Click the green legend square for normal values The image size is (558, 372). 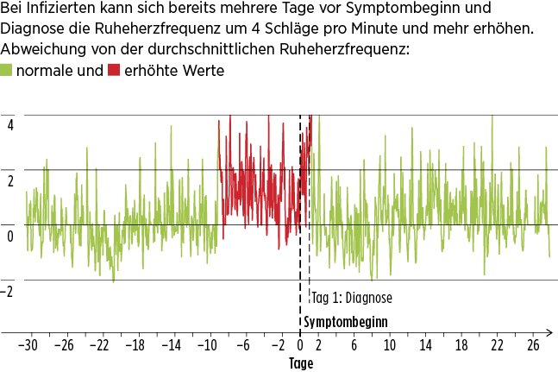(x=7, y=71)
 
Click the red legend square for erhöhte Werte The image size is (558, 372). (x=114, y=71)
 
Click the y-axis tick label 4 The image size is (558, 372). (x=9, y=123)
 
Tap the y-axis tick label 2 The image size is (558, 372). (x=9, y=180)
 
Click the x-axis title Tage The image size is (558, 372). (x=300, y=363)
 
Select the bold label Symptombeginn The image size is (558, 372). (x=344, y=322)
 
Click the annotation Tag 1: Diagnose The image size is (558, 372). (x=352, y=299)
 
